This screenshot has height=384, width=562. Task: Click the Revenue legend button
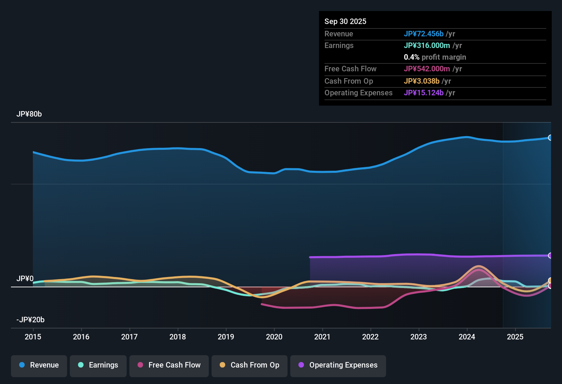tap(39, 365)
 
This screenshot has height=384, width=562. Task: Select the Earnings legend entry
tap(98, 365)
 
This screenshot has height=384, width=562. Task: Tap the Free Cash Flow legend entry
tap(169, 365)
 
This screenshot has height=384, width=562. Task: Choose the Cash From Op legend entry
tap(250, 365)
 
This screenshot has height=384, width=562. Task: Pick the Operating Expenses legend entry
tap(338, 365)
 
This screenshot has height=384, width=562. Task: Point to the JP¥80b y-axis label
tap(29, 114)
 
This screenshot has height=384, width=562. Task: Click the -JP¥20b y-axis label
tap(30, 320)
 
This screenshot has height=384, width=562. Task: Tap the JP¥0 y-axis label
tap(25, 279)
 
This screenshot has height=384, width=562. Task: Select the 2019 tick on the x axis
tap(226, 337)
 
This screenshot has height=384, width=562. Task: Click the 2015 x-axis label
tap(33, 337)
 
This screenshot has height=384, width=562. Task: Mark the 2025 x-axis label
tap(515, 337)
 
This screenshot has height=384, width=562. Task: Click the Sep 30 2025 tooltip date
tap(345, 21)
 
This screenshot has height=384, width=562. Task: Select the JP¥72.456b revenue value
tap(424, 34)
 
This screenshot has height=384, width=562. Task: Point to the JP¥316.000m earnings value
tap(427, 45)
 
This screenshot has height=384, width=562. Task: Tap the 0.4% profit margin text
tap(435, 57)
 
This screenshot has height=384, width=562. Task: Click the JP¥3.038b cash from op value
tap(422, 81)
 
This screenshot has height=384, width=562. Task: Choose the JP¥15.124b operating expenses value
tap(424, 93)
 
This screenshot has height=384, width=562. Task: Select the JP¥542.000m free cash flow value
tap(427, 69)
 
